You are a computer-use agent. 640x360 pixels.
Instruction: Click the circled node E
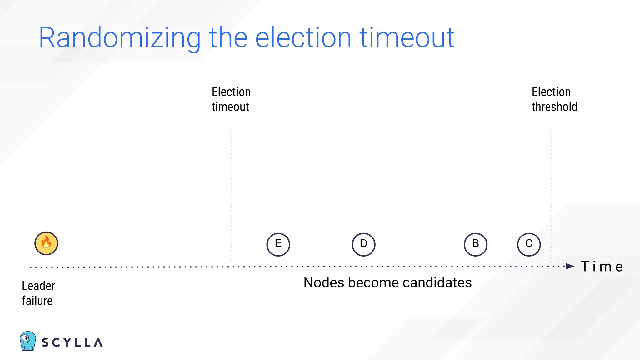(x=278, y=244)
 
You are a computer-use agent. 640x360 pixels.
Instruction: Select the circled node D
(x=363, y=244)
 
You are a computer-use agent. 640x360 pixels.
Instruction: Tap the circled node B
(x=475, y=244)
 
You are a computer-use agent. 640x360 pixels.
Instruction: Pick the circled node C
(x=529, y=244)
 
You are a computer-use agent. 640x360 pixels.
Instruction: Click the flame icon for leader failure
(x=46, y=243)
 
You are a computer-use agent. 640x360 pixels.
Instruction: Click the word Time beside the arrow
(x=602, y=267)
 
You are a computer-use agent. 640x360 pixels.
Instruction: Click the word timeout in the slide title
(x=407, y=38)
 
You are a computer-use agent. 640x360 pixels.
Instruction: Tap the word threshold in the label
(x=554, y=107)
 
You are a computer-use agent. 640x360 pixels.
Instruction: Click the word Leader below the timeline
(x=38, y=286)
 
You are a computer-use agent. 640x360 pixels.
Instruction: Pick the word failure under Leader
(x=37, y=301)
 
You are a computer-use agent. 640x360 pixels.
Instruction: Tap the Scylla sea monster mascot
(x=27, y=341)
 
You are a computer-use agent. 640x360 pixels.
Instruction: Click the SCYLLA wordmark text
(x=72, y=342)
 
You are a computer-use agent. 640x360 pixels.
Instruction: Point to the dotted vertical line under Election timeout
(x=231, y=194)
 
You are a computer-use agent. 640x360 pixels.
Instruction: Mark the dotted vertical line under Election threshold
(x=551, y=194)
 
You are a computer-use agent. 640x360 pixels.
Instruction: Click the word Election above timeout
(x=231, y=92)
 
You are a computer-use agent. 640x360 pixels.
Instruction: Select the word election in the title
(x=303, y=38)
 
